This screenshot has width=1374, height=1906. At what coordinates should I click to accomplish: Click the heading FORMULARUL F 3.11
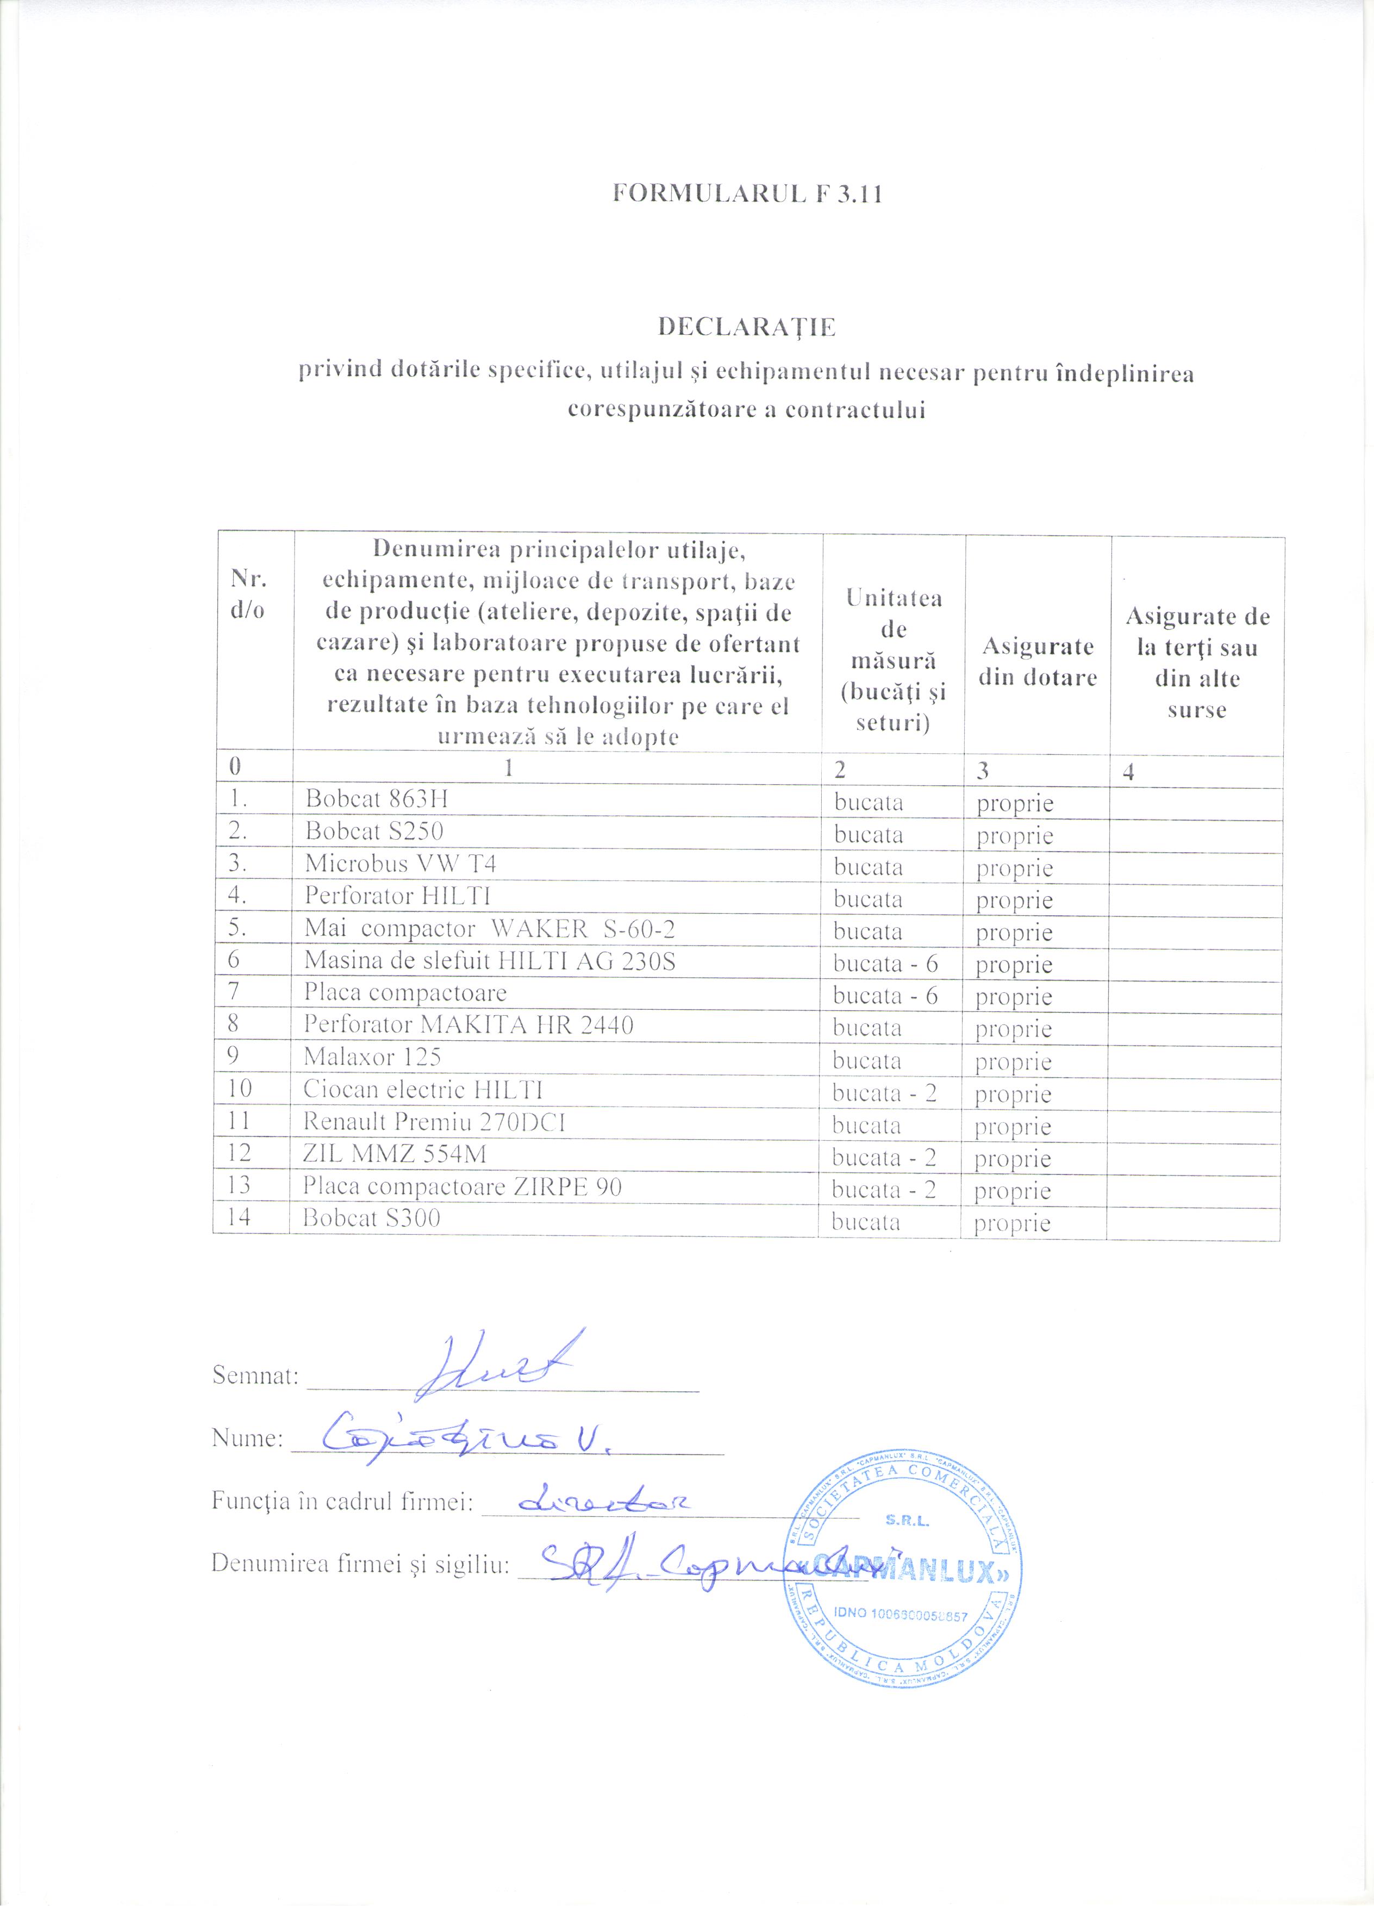coord(747,194)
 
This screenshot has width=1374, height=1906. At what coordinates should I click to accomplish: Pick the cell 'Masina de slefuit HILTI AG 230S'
coord(489,960)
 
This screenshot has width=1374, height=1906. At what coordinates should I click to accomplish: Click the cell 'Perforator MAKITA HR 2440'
coord(468,1024)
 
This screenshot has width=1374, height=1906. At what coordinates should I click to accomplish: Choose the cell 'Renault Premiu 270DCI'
coord(434,1121)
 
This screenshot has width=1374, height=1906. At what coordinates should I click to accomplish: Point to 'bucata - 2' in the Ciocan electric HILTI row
coord(884,1092)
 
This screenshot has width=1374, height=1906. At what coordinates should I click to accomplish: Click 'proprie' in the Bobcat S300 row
coord(1012,1223)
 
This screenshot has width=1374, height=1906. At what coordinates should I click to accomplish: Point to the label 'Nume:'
coord(246,1438)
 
